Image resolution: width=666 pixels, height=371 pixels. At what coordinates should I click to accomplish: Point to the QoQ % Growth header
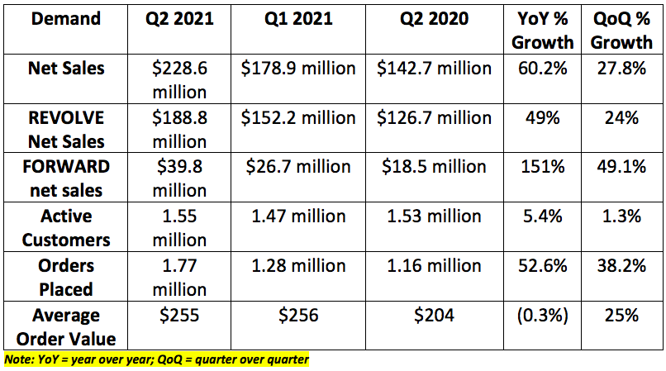621,29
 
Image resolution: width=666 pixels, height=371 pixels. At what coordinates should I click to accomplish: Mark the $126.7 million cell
432,117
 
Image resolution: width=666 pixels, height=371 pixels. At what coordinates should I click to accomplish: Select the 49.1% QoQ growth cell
621,167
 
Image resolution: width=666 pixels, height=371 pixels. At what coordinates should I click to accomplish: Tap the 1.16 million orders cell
432,266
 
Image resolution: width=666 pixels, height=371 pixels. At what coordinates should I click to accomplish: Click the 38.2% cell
621,266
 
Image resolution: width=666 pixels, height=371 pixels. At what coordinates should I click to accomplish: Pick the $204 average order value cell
432,316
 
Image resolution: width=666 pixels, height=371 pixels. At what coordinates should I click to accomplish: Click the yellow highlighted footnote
156,360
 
